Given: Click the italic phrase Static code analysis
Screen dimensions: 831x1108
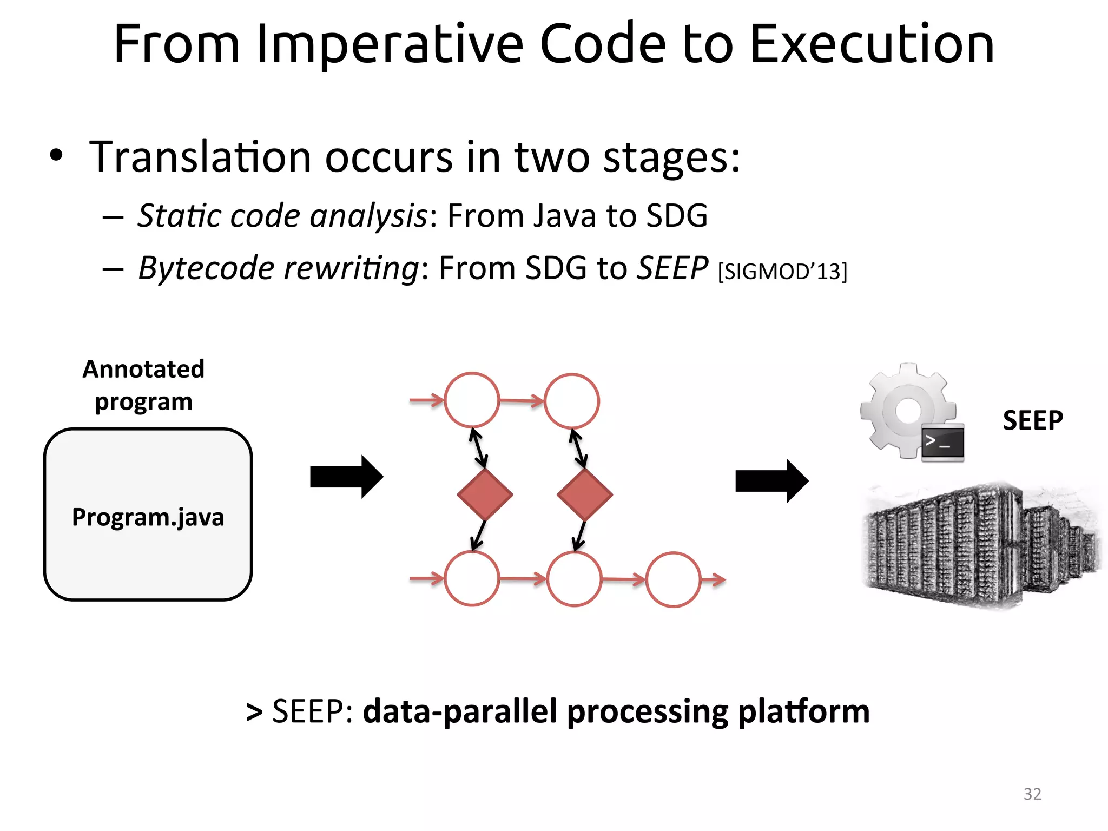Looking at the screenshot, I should pos(282,215).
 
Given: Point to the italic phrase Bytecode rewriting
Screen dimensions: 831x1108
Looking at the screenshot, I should pos(278,268).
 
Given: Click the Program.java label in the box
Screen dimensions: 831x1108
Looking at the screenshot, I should pos(148,517).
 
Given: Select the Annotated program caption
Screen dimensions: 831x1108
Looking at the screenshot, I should pos(143,385).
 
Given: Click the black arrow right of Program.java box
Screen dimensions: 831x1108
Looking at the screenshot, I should pos(346,477).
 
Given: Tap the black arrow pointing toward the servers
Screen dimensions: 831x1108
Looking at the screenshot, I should pos(771,481).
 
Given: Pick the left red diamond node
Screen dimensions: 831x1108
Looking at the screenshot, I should pos(485,494).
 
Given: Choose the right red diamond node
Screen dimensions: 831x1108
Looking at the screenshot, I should pos(584,494).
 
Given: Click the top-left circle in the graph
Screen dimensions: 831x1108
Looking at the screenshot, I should pos(472,400).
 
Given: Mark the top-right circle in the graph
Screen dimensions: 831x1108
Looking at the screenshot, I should pos(572,401).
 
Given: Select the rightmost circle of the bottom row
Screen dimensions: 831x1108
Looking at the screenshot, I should pos(674,579).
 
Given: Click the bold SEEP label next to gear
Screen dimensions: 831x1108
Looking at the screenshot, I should pos(1033,420).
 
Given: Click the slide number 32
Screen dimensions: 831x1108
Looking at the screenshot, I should pos(1032,794).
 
